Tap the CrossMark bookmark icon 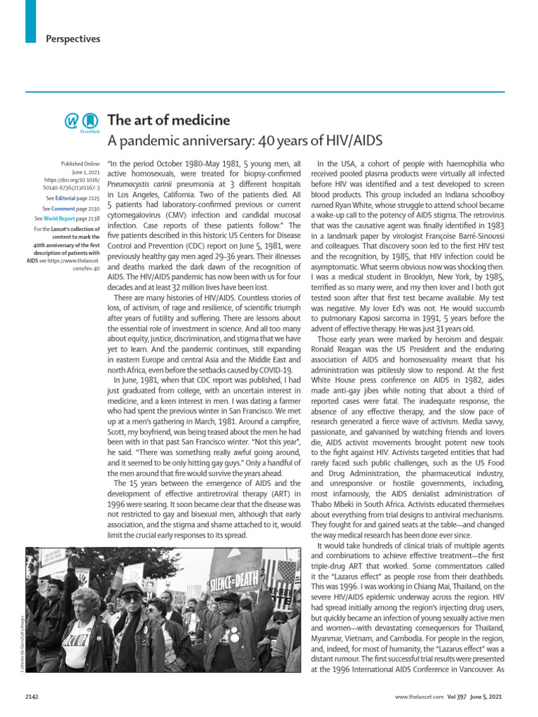(x=88, y=121)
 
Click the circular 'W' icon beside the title (x=72, y=121)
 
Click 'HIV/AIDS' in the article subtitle (x=354, y=141)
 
